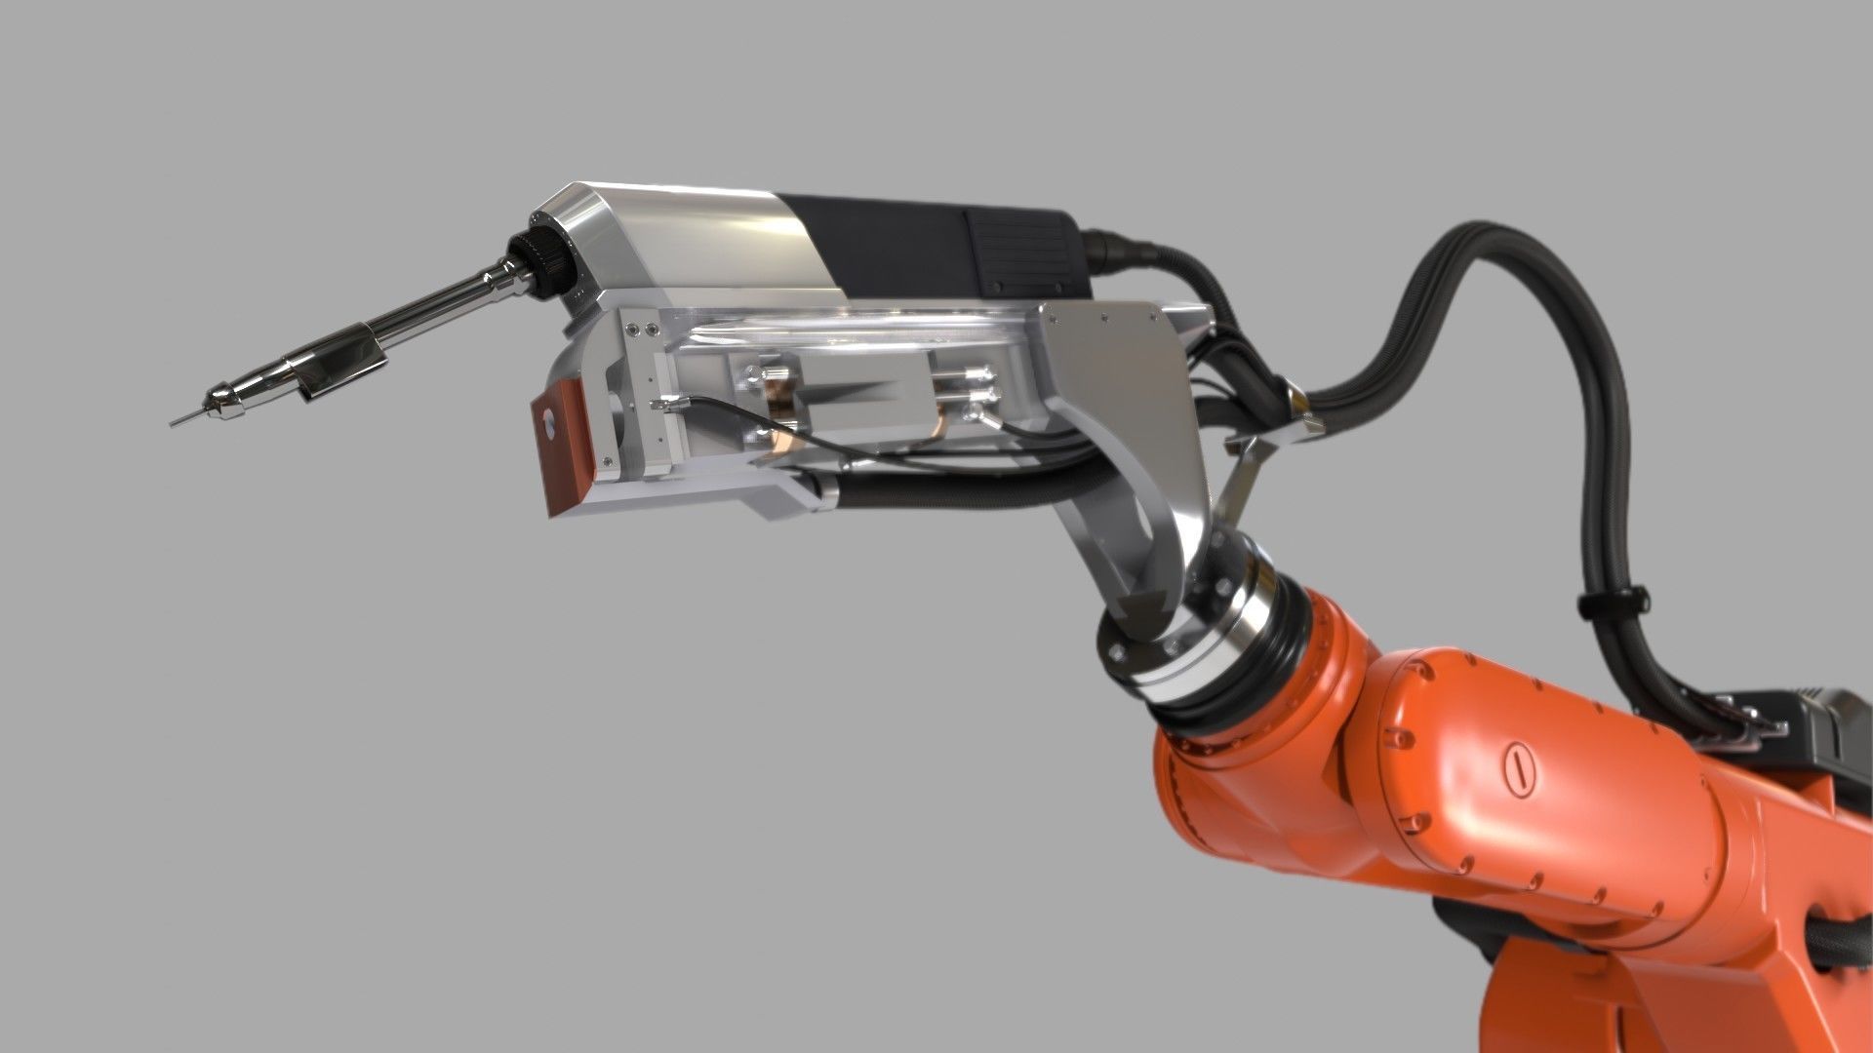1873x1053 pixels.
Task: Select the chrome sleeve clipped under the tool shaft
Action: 341,365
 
